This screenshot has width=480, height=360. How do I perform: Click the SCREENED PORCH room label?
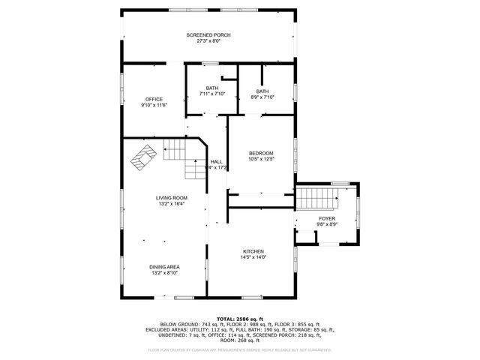(x=208, y=35)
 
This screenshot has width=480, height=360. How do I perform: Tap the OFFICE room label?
(x=154, y=99)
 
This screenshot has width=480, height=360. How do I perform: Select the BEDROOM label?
(x=261, y=153)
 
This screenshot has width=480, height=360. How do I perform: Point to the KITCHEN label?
(x=253, y=251)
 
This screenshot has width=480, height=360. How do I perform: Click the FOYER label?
(x=327, y=218)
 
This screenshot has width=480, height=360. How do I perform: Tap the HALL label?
(x=216, y=161)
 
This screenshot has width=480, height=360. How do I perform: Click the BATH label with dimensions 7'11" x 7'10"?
(x=212, y=88)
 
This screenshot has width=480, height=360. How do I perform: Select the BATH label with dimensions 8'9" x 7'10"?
(x=262, y=91)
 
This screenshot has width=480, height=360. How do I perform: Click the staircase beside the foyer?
(x=314, y=199)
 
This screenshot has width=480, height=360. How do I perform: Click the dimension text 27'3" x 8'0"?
(x=208, y=41)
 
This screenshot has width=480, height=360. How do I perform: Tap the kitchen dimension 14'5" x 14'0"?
(x=253, y=257)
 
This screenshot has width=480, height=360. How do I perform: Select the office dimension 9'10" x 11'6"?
(x=154, y=105)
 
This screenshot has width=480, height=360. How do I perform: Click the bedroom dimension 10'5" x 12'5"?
(x=261, y=159)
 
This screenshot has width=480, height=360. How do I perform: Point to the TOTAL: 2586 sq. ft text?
(x=240, y=319)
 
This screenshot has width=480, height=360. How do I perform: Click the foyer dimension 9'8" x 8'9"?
(x=327, y=224)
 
